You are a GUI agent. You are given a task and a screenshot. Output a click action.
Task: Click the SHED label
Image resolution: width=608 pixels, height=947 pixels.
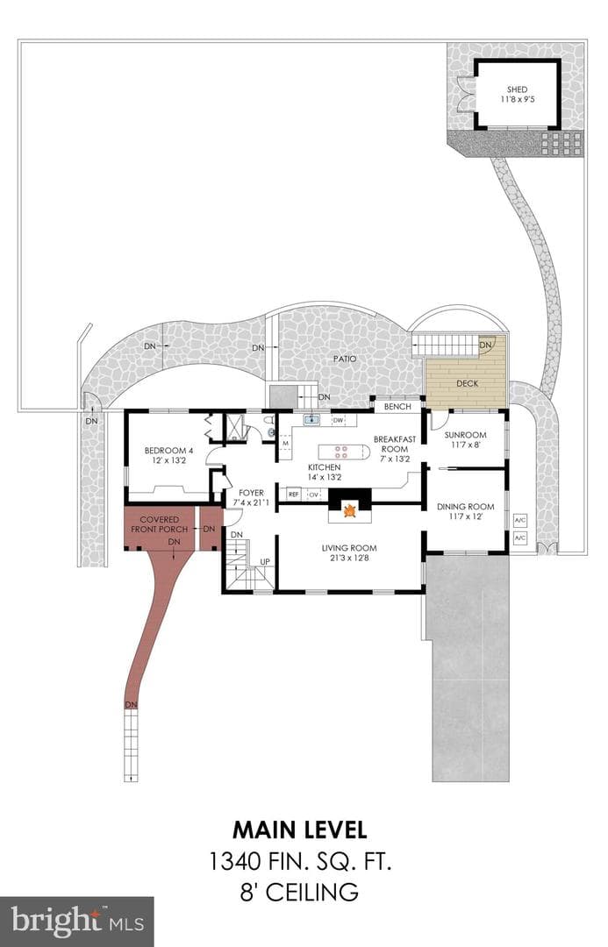pyautogui.click(x=518, y=89)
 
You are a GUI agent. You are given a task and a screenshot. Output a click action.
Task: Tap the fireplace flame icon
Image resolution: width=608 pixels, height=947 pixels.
pyautogui.click(x=348, y=511)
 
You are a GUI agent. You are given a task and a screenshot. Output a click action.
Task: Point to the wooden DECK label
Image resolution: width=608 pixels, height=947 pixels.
pyautogui.click(x=467, y=383)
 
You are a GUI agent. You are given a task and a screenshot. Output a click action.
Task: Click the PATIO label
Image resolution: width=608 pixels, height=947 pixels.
pyautogui.click(x=345, y=359)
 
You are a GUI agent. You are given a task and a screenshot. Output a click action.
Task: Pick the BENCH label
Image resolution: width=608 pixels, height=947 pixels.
pyautogui.click(x=397, y=407)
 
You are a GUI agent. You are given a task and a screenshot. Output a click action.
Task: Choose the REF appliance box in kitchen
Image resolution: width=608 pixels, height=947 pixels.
pyautogui.click(x=294, y=494)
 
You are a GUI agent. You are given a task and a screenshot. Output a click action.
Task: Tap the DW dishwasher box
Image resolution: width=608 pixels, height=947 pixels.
pyautogui.click(x=338, y=420)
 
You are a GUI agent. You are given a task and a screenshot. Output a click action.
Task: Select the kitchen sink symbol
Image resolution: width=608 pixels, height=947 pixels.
pyautogui.click(x=312, y=419)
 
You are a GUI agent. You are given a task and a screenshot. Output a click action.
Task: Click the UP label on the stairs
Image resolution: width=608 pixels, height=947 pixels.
pyautogui.click(x=265, y=562)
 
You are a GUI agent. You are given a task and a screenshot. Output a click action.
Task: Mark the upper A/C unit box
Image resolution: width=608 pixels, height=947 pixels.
pyautogui.click(x=519, y=519)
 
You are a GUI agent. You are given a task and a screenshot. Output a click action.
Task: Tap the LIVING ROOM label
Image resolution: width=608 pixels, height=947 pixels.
pyautogui.click(x=349, y=548)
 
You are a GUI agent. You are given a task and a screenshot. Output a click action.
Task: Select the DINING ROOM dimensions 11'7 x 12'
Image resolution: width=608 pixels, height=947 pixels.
pyautogui.click(x=465, y=516)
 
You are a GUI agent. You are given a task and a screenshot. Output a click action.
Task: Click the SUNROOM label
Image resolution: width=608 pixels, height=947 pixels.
pyautogui.click(x=465, y=435)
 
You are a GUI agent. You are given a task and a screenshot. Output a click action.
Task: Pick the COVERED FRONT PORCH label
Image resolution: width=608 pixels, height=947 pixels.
pyautogui.click(x=160, y=524)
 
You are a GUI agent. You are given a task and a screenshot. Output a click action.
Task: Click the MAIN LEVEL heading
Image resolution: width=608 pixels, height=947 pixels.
pyautogui.click(x=300, y=830)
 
